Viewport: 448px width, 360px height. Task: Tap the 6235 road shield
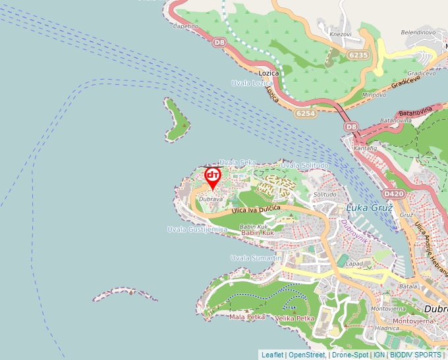point(359,55)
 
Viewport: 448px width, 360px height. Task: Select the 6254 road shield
point(306,114)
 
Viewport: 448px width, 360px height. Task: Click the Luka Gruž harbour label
point(369,208)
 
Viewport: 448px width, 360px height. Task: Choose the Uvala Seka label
point(237,162)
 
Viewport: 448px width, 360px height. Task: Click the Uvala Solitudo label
point(304,165)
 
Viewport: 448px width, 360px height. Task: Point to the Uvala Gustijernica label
point(197,230)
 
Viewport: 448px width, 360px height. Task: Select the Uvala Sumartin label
point(256,258)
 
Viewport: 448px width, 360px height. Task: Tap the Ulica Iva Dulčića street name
point(256,209)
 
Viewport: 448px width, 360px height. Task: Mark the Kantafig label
point(366,149)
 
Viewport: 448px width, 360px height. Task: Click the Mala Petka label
point(246,317)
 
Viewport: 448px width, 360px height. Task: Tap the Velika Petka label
point(294,319)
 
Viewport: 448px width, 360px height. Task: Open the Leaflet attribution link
point(272,355)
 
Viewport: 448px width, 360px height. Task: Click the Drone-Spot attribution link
point(350,355)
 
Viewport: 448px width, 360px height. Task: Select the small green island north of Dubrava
point(177,120)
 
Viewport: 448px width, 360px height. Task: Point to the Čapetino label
point(185,26)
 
